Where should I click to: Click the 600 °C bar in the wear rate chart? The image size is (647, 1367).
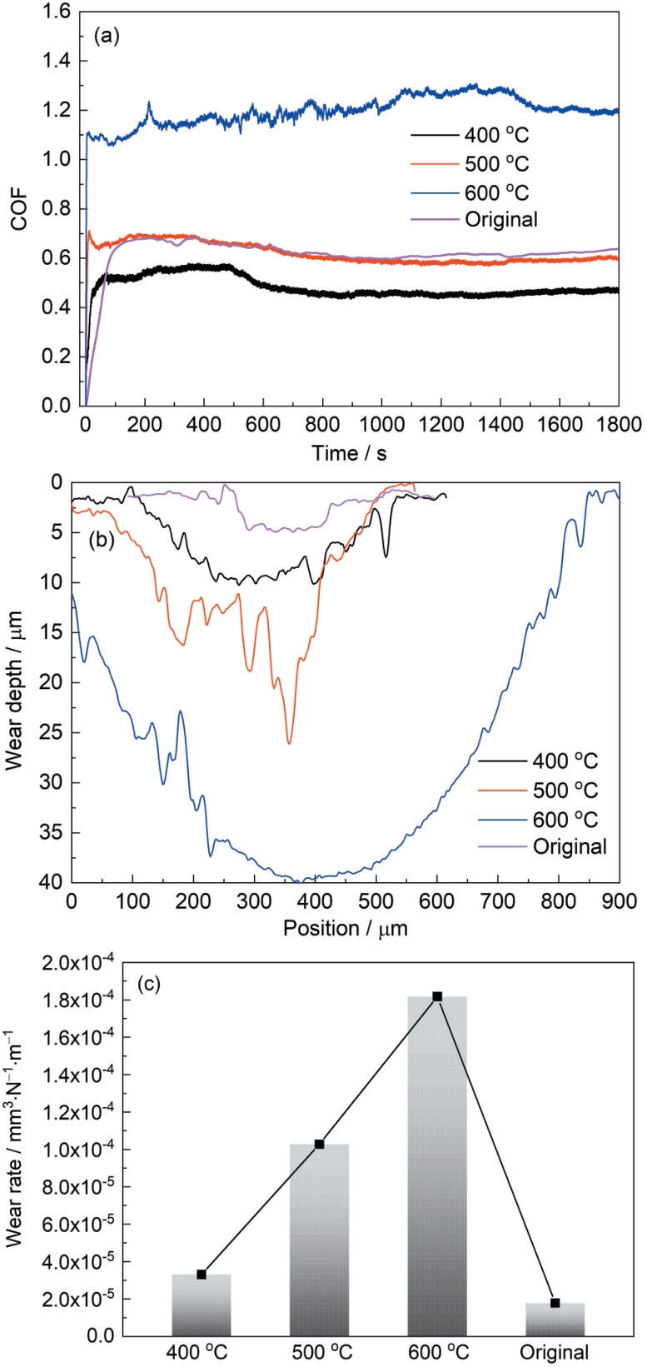[x=437, y=1166]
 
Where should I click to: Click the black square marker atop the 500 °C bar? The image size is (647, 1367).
[x=319, y=1145]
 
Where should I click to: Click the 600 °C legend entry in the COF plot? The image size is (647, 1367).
[x=496, y=192]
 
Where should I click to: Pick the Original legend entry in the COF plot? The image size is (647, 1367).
[x=500, y=219]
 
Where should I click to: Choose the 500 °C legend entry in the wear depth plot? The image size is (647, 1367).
[x=565, y=790]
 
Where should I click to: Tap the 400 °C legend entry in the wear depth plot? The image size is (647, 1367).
[x=565, y=761]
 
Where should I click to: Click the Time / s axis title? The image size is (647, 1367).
[x=350, y=453]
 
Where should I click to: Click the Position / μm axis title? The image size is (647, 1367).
[x=346, y=928]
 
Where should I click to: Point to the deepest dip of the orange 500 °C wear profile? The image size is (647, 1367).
[x=289, y=743]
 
